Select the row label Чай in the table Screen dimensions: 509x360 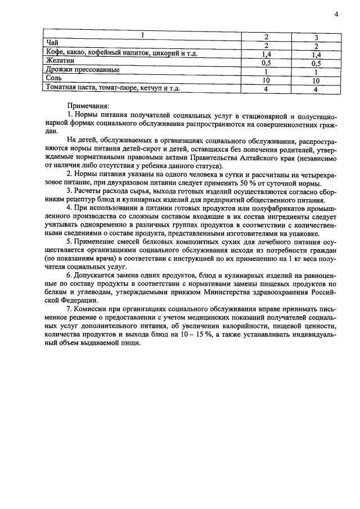(52, 45)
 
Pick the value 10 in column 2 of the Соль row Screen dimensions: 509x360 (267, 80)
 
